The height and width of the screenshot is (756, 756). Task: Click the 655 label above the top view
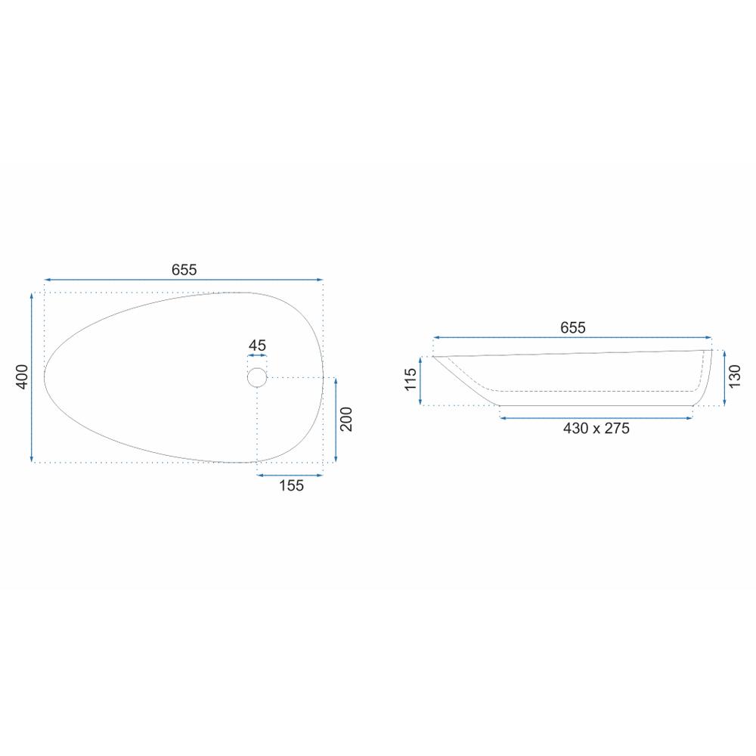coord(184,270)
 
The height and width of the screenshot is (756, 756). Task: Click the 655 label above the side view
coord(573,328)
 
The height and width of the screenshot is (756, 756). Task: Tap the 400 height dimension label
coord(22,377)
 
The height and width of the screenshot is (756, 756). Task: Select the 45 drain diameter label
coord(257,345)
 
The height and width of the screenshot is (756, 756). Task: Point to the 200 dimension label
coord(346,420)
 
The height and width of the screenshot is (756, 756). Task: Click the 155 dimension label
coord(291,485)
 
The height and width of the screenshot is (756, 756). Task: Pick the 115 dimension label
coord(411,380)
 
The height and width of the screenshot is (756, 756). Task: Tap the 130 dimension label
coord(734,376)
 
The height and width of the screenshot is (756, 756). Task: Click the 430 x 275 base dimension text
coord(596,428)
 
